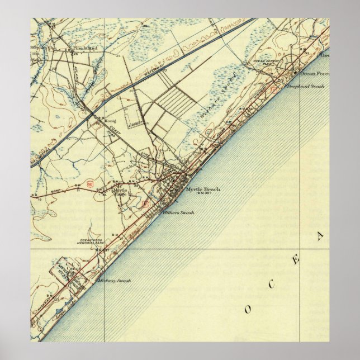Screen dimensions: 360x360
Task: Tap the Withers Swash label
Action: pos(174,212)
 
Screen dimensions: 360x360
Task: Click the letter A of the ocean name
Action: pos(320,236)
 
